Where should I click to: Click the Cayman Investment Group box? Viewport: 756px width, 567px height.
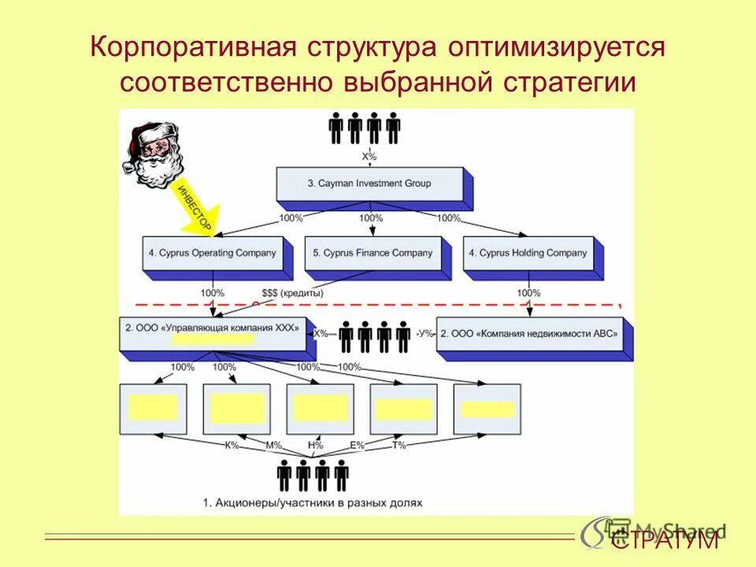[x=369, y=184]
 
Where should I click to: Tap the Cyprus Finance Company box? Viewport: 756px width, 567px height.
[x=372, y=254]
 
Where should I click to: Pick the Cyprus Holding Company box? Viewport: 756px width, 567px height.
[x=528, y=254]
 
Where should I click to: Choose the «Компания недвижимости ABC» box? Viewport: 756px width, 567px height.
[x=528, y=333]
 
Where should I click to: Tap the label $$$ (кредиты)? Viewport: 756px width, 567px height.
[x=292, y=294]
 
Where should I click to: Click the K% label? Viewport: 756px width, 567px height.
[x=232, y=446]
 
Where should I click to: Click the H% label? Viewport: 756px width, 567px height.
[x=316, y=446]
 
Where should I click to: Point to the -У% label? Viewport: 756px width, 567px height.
[x=424, y=334]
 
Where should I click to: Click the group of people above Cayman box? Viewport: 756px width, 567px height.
[x=364, y=128]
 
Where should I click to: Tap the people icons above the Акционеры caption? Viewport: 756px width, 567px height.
[x=313, y=476]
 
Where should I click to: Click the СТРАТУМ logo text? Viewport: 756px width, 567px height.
[x=665, y=540]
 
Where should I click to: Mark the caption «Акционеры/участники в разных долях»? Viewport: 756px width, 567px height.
[x=313, y=502]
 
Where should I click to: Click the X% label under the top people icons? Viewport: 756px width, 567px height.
[x=369, y=156]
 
